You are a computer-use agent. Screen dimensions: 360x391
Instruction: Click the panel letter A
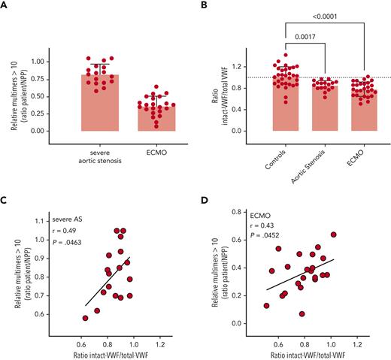(x=6, y=6)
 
